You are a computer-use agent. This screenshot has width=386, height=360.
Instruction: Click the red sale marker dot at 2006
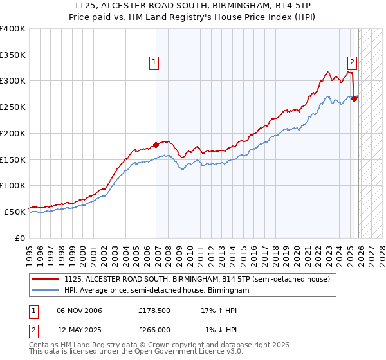156,145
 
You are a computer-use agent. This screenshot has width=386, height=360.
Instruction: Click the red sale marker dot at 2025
354,98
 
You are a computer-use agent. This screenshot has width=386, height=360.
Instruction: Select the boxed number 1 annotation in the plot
155,62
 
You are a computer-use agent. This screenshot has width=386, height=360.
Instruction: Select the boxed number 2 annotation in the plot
353,62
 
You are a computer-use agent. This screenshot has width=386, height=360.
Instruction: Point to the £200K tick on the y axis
13,133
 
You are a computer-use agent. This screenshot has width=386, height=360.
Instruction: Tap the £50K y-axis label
15,212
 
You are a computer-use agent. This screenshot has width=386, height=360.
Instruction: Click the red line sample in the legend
46,279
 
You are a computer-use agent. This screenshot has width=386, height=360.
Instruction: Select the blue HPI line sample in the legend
46,291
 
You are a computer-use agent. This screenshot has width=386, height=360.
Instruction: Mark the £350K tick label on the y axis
13,55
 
